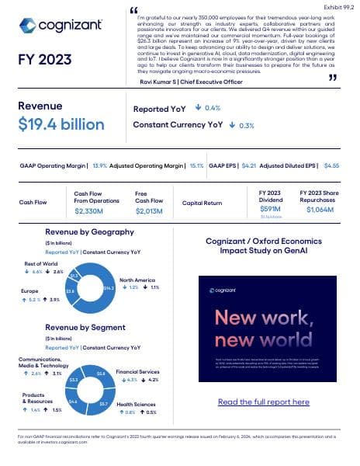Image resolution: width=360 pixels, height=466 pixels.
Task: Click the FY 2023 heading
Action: (45, 60)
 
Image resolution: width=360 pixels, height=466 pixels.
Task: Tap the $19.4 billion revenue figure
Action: (61, 124)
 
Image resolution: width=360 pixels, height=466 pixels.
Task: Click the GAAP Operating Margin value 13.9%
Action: (100, 165)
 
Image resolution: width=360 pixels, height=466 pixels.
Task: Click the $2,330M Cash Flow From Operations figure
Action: (92, 210)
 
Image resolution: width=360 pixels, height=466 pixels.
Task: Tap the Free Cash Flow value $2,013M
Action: (151, 210)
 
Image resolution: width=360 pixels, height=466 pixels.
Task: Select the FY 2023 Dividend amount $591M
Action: (270, 209)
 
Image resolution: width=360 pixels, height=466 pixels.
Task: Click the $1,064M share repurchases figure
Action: (320, 209)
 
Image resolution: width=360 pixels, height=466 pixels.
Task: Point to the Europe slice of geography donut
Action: (72, 290)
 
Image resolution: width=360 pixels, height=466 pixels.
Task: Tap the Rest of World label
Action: (41, 264)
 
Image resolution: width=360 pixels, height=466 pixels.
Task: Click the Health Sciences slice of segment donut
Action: (102, 404)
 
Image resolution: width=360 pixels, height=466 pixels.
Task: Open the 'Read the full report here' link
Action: (263, 402)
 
